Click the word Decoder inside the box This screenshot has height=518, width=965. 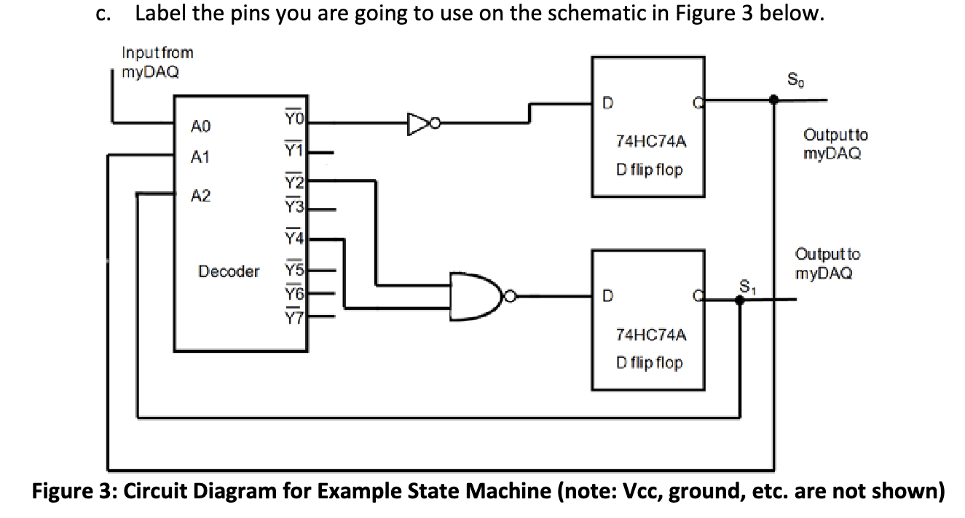coord(229,272)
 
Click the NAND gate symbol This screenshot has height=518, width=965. coord(477,297)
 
